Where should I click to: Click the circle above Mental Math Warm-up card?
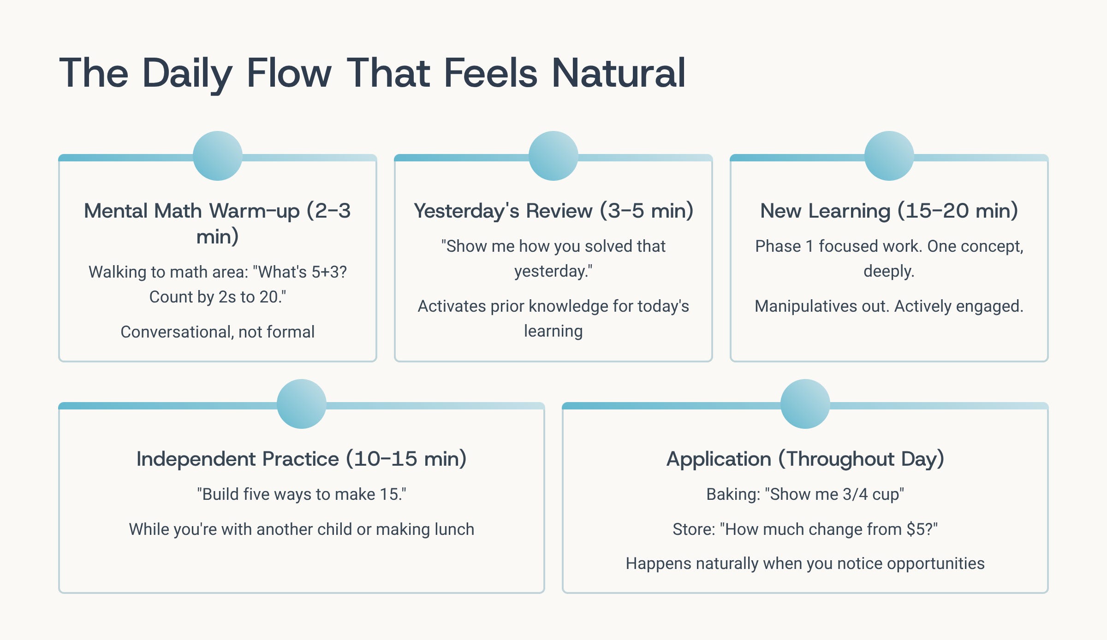point(218,156)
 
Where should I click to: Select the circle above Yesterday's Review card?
point(553,156)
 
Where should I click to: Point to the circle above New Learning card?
point(889,156)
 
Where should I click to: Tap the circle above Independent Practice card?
point(302,404)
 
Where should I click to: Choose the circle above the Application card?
point(805,404)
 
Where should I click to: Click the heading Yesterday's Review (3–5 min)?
point(553,211)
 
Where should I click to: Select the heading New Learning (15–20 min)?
point(889,211)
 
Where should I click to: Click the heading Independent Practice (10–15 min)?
point(302,459)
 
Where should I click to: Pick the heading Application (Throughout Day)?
point(805,459)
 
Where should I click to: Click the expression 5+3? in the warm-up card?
point(328,272)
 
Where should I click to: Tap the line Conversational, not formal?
point(218,332)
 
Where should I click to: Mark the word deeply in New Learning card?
point(888,271)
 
